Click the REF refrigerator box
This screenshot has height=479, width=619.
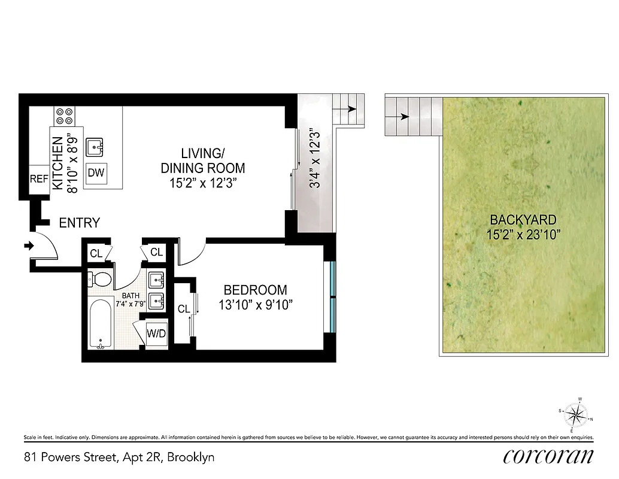39,179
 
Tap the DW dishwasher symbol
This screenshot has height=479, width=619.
96,173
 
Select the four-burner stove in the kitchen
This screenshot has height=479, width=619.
64,116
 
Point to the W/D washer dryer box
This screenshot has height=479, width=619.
157,334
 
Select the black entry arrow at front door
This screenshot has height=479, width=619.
28,245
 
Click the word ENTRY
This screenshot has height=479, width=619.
79,223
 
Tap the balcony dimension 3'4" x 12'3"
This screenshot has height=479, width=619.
312,159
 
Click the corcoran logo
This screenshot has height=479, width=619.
548,456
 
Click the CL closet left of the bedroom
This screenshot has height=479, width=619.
183,309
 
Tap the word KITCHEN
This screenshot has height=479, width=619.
58,163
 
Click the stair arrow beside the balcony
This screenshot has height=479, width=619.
348,110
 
